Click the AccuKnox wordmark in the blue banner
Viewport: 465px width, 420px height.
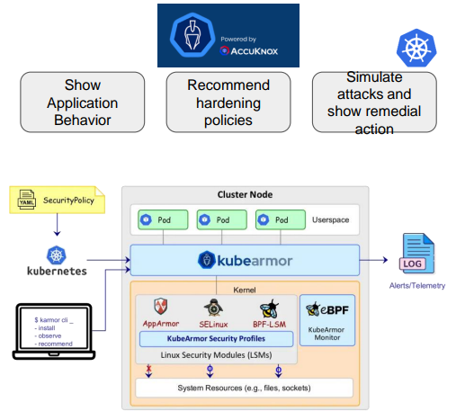coord(249,51)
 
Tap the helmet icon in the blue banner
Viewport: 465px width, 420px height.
coord(192,35)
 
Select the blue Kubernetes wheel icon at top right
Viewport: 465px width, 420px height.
coord(416,48)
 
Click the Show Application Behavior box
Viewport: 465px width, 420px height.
coord(83,102)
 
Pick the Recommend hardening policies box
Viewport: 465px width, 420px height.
coord(228,102)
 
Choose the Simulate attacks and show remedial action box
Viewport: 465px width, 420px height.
coord(374,102)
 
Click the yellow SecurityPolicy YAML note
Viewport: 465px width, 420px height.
coord(58,200)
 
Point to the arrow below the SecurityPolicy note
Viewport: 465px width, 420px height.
coord(57,225)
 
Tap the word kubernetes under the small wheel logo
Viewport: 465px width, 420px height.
coord(57,271)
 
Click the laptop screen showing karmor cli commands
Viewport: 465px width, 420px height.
coord(54,331)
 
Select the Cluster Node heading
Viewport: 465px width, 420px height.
coord(245,194)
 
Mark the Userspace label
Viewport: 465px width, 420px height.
coord(331,219)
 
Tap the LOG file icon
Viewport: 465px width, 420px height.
coord(417,254)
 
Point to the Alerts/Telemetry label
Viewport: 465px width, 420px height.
coord(417,286)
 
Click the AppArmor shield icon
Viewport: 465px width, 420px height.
coord(161,307)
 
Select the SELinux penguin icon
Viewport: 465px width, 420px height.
coord(213,308)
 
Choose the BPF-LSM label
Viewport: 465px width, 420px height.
coord(269,324)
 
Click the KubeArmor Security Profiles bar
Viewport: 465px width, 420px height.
coord(216,339)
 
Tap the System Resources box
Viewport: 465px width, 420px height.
coord(244,388)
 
